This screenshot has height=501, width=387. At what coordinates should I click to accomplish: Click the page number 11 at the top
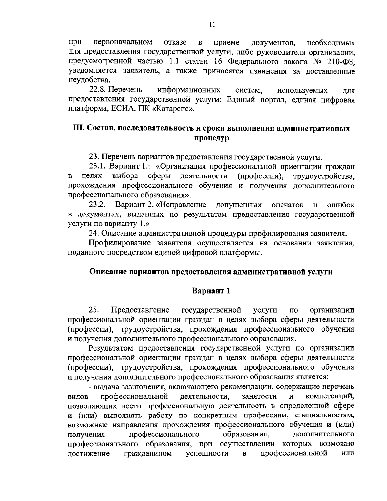click(212, 25)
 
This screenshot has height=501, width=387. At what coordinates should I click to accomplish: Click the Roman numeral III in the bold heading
click(79, 128)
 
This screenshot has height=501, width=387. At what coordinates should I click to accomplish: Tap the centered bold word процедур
click(212, 138)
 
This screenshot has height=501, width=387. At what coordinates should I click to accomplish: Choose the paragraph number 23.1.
click(98, 167)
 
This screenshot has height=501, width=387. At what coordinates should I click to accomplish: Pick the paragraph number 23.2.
click(97, 205)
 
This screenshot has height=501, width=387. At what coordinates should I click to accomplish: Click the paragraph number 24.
click(93, 233)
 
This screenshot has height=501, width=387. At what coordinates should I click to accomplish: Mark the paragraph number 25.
click(94, 310)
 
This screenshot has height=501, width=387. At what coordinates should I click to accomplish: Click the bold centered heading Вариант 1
click(211, 291)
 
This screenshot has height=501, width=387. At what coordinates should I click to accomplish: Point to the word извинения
click(266, 71)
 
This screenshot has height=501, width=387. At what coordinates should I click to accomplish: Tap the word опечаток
click(288, 205)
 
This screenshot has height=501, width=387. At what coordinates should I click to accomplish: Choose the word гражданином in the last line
click(148, 453)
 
